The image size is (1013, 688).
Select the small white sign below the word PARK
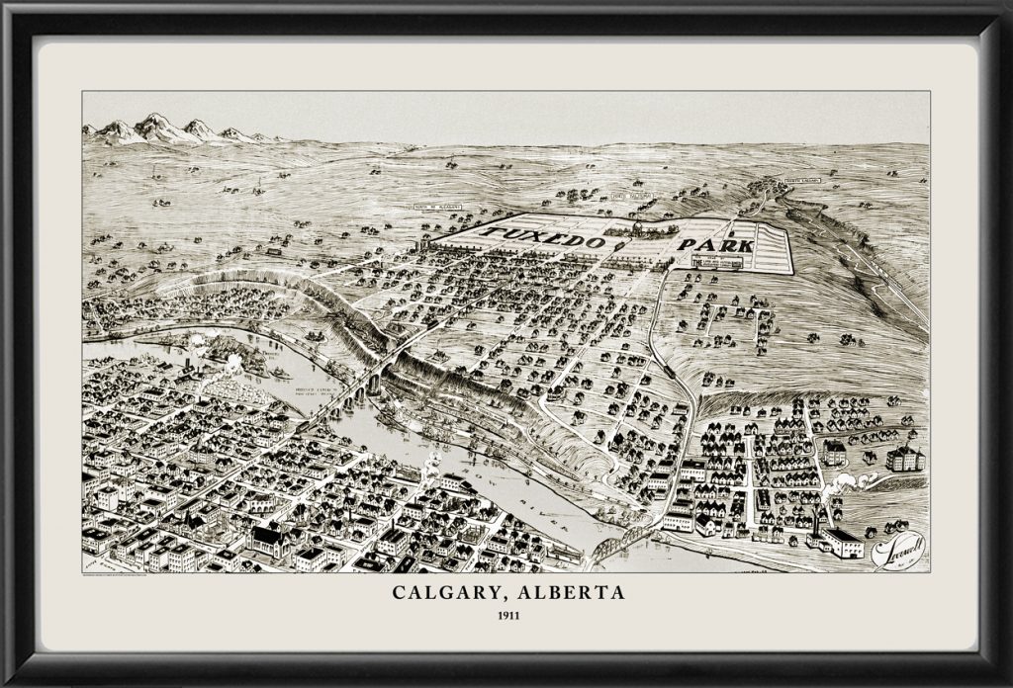click(717, 263)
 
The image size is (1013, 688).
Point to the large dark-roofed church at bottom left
click(265, 539)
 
